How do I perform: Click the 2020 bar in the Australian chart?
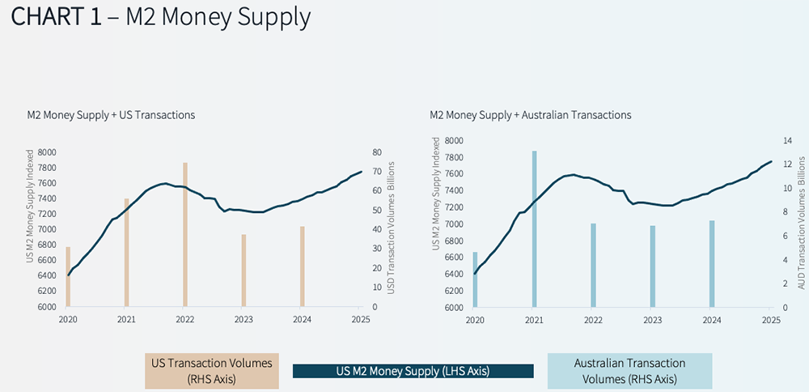[x=475, y=279]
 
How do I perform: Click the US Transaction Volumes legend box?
[x=211, y=370]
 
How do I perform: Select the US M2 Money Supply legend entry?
[x=413, y=371]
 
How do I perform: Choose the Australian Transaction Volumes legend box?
[x=629, y=370]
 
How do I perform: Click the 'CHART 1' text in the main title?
[x=56, y=18]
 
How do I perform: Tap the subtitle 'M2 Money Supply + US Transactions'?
[x=111, y=115]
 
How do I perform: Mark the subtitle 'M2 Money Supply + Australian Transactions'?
[x=530, y=115]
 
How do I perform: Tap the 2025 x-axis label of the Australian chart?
[x=771, y=320]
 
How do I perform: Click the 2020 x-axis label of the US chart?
[x=68, y=320]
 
